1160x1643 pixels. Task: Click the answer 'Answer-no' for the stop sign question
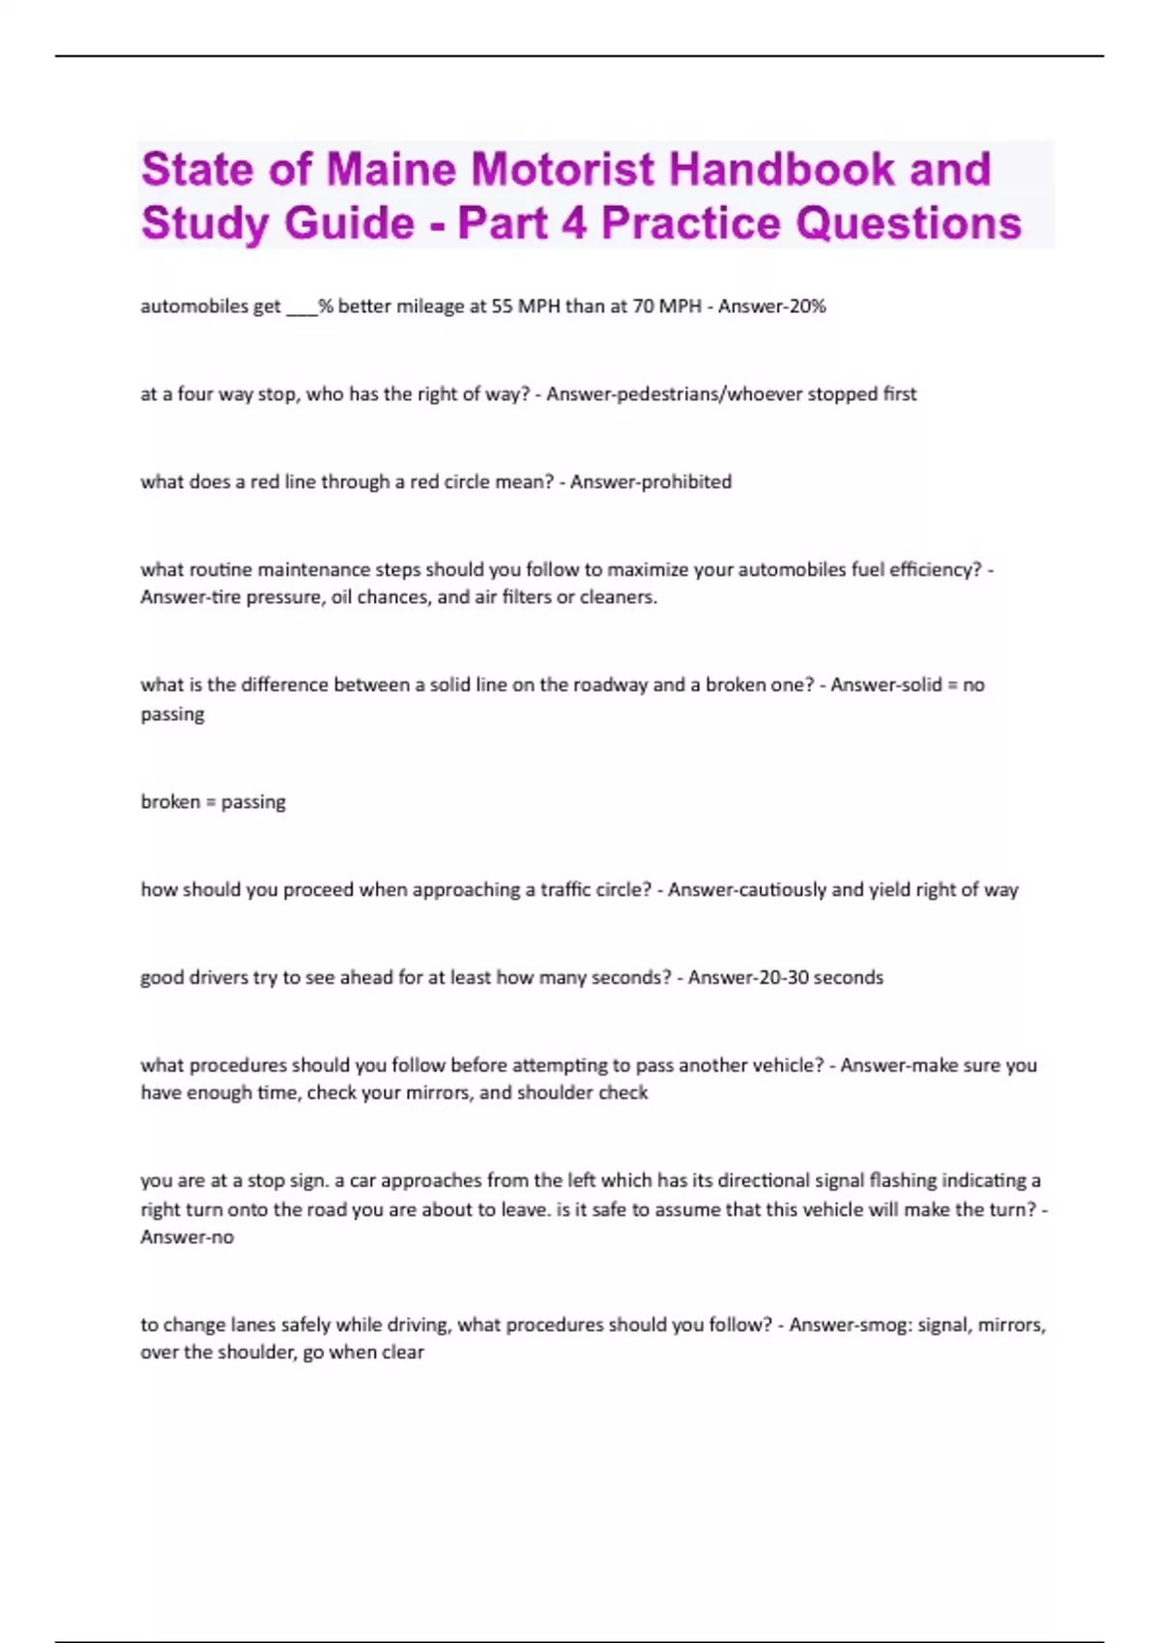188,1237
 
